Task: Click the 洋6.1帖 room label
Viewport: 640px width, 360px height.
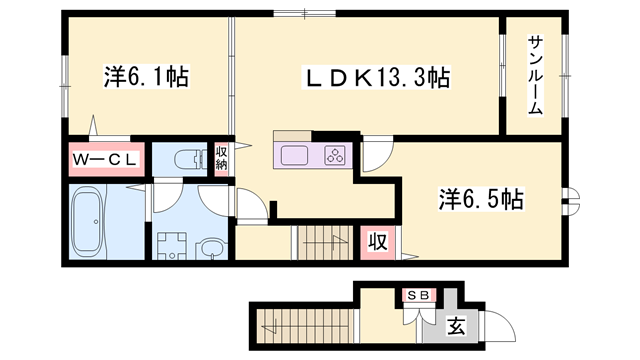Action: pos(146,76)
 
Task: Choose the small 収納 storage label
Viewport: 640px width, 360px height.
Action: pos(222,158)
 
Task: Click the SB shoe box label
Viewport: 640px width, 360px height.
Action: pos(418,296)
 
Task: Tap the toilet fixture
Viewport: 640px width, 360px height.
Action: pos(187,158)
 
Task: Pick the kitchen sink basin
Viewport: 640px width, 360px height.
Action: pos(297,155)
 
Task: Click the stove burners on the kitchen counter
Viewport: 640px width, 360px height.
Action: pos(336,155)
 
